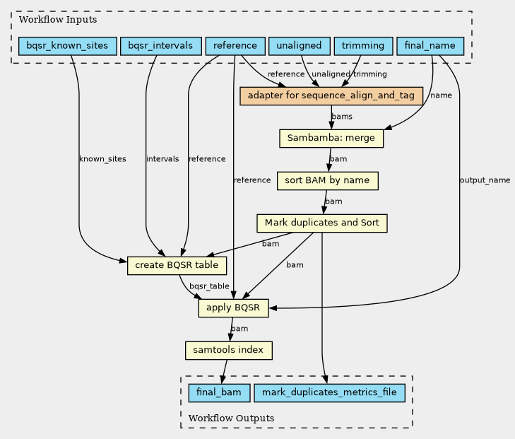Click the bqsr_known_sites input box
[x=68, y=46]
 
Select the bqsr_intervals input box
[x=161, y=46]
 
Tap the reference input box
[x=235, y=46]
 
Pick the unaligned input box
[x=300, y=46]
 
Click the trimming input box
[x=363, y=46]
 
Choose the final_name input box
[x=430, y=46]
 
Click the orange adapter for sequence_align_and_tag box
[x=331, y=96]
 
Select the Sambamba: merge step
[x=331, y=139]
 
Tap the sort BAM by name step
[x=328, y=181]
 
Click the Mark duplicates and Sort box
[x=322, y=223]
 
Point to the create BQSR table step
[x=177, y=266]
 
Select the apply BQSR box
[x=233, y=308]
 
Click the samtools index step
[x=229, y=351]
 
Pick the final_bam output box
[x=219, y=393]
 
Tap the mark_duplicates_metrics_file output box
[x=329, y=393]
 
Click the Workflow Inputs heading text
[x=58, y=20]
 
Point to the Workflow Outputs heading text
[x=231, y=418]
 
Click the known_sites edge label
[x=102, y=159]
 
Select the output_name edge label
[x=485, y=180]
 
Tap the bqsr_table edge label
[x=209, y=286]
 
